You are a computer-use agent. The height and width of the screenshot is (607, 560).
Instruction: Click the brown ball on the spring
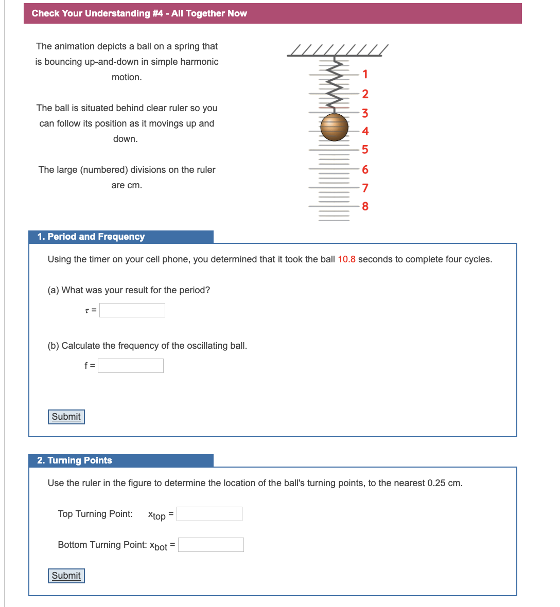pos(334,127)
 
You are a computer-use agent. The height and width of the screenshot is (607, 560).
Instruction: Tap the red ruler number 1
pos(365,74)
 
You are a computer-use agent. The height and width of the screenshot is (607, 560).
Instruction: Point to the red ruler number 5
pos(365,150)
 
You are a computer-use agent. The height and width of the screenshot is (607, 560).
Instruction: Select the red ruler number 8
pos(365,206)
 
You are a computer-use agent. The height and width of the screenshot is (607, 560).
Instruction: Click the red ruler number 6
pos(365,169)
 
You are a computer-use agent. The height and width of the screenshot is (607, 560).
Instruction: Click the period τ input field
pos(132,310)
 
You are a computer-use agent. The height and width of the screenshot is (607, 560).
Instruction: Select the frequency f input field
pos(131,366)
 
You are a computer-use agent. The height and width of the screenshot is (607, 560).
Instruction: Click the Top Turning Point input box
pos(209,514)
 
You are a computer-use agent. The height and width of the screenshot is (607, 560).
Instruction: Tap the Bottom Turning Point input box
pos(211,545)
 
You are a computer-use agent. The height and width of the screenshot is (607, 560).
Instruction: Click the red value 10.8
pos(346,259)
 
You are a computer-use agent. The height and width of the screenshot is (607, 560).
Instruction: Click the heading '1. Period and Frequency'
pos(91,237)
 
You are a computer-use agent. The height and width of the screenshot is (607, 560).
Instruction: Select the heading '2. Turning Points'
pos(75,460)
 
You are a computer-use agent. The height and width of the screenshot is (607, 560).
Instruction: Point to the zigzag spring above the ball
pos(335,85)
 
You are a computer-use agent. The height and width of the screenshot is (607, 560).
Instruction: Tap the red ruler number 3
pos(365,113)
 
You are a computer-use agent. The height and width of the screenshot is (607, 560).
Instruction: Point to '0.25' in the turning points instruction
pos(436,483)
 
